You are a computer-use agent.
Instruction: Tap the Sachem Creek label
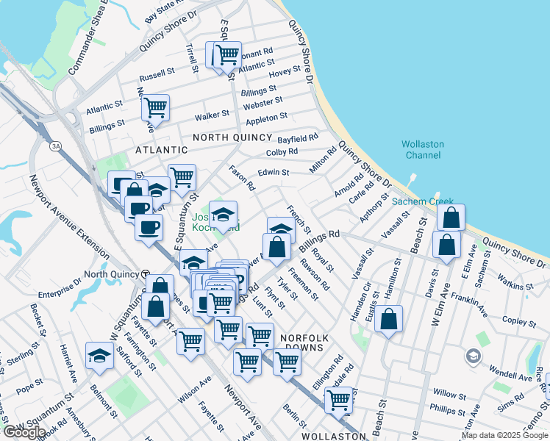point(418,201)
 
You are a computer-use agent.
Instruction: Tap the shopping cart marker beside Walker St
point(156,108)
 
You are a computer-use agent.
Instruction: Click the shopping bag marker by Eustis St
point(389,319)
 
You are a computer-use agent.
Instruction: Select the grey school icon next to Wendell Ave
point(474,356)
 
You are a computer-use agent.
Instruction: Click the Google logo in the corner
point(24,432)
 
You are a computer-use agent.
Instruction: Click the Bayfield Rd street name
point(298,137)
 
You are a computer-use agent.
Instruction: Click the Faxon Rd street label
point(241,178)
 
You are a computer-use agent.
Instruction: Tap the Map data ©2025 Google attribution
point(504,435)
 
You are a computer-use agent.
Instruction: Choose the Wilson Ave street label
point(194,390)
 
